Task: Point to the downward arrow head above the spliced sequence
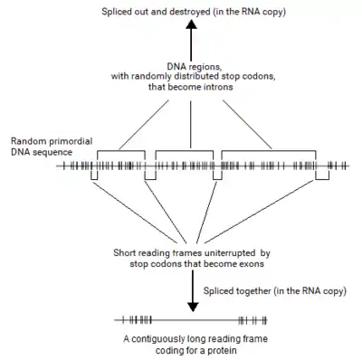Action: tap(192, 308)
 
